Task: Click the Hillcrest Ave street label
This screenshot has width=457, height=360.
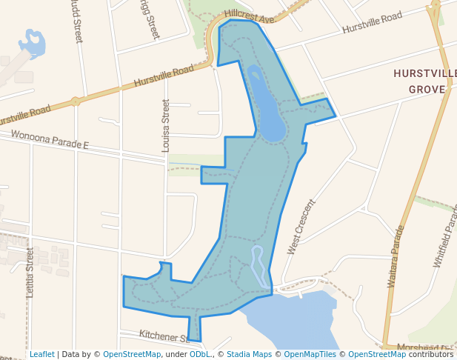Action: point(250,15)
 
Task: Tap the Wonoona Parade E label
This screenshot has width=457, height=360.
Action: point(50,140)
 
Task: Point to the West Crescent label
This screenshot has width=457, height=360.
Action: point(301,227)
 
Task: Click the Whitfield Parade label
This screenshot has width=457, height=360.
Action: point(446,237)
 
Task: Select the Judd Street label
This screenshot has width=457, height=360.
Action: point(77,22)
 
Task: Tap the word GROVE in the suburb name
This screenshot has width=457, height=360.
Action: point(427,90)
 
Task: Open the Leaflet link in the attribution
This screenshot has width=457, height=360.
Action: point(41,354)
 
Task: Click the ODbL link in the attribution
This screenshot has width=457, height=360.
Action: point(200,354)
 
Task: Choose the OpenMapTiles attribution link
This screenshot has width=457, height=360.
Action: point(310,354)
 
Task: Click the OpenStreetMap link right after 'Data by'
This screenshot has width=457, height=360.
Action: point(131,354)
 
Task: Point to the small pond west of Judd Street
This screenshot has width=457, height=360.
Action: point(33,41)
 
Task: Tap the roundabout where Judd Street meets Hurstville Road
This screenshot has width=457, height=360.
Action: point(76,101)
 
